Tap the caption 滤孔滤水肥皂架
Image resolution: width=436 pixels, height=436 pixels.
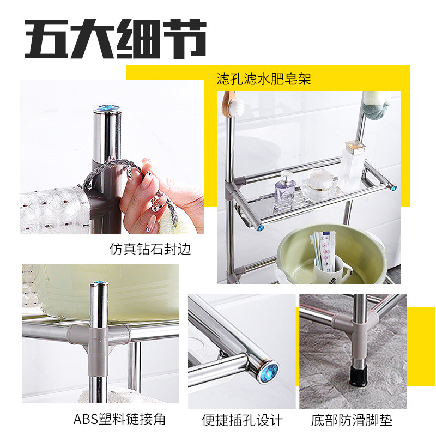click(264, 80)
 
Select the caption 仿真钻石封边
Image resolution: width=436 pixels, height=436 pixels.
click(150, 250)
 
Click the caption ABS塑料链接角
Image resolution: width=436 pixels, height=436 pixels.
click(119, 419)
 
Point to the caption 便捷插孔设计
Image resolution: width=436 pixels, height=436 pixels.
click(242, 420)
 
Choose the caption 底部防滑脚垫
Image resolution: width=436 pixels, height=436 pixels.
click(352, 420)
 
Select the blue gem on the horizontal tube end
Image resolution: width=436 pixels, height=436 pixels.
click(269, 373)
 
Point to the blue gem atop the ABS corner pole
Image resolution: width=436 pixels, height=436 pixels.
click(99, 283)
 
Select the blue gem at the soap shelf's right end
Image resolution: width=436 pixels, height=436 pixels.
click(393, 188)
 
